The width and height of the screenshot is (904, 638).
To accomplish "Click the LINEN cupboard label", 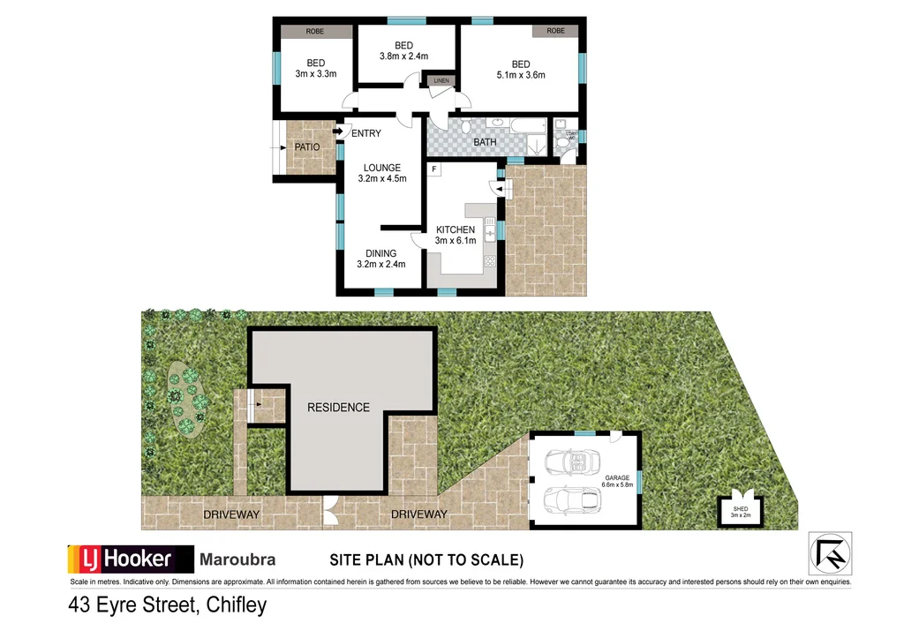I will (441, 81).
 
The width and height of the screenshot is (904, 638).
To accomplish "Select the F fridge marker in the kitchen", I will (434, 169).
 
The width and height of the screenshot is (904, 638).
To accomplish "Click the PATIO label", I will (307, 147).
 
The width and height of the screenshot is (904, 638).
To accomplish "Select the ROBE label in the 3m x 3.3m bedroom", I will (314, 32).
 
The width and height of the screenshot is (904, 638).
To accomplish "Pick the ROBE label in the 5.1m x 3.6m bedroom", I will (555, 31).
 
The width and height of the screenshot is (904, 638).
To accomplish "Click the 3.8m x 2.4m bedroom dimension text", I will (403, 56).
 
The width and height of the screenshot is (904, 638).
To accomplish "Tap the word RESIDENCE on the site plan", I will (338, 407).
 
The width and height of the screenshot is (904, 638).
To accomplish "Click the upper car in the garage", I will (572, 462).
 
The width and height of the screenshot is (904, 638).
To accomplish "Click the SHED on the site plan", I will (740, 510).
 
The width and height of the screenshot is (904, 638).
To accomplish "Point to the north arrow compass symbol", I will (830, 553).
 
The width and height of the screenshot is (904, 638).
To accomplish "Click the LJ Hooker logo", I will (131, 559).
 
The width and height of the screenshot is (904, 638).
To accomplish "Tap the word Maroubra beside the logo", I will (237, 559).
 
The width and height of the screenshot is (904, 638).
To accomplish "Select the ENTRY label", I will (365, 134).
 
